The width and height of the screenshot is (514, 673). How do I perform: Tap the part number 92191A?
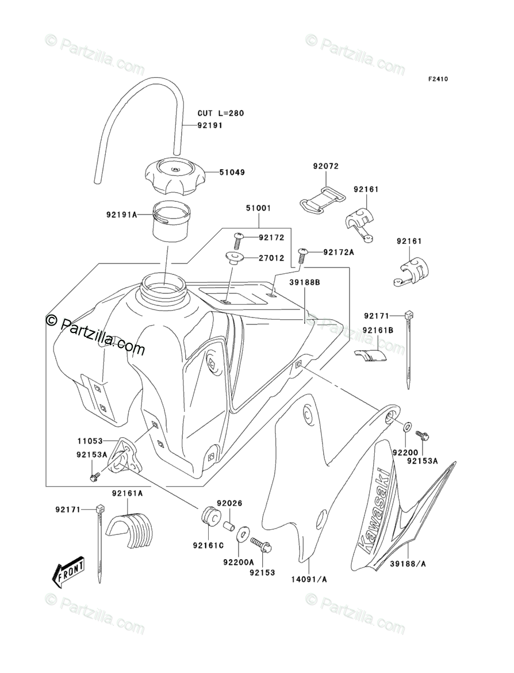point(121,214)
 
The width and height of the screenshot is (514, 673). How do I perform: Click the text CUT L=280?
point(221,113)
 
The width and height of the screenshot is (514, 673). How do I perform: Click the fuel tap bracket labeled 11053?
point(122,455)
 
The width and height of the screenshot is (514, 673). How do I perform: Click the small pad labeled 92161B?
point(370,355)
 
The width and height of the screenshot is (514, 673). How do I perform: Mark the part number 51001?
point(258,208)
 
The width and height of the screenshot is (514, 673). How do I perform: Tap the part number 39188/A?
point(408,564)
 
